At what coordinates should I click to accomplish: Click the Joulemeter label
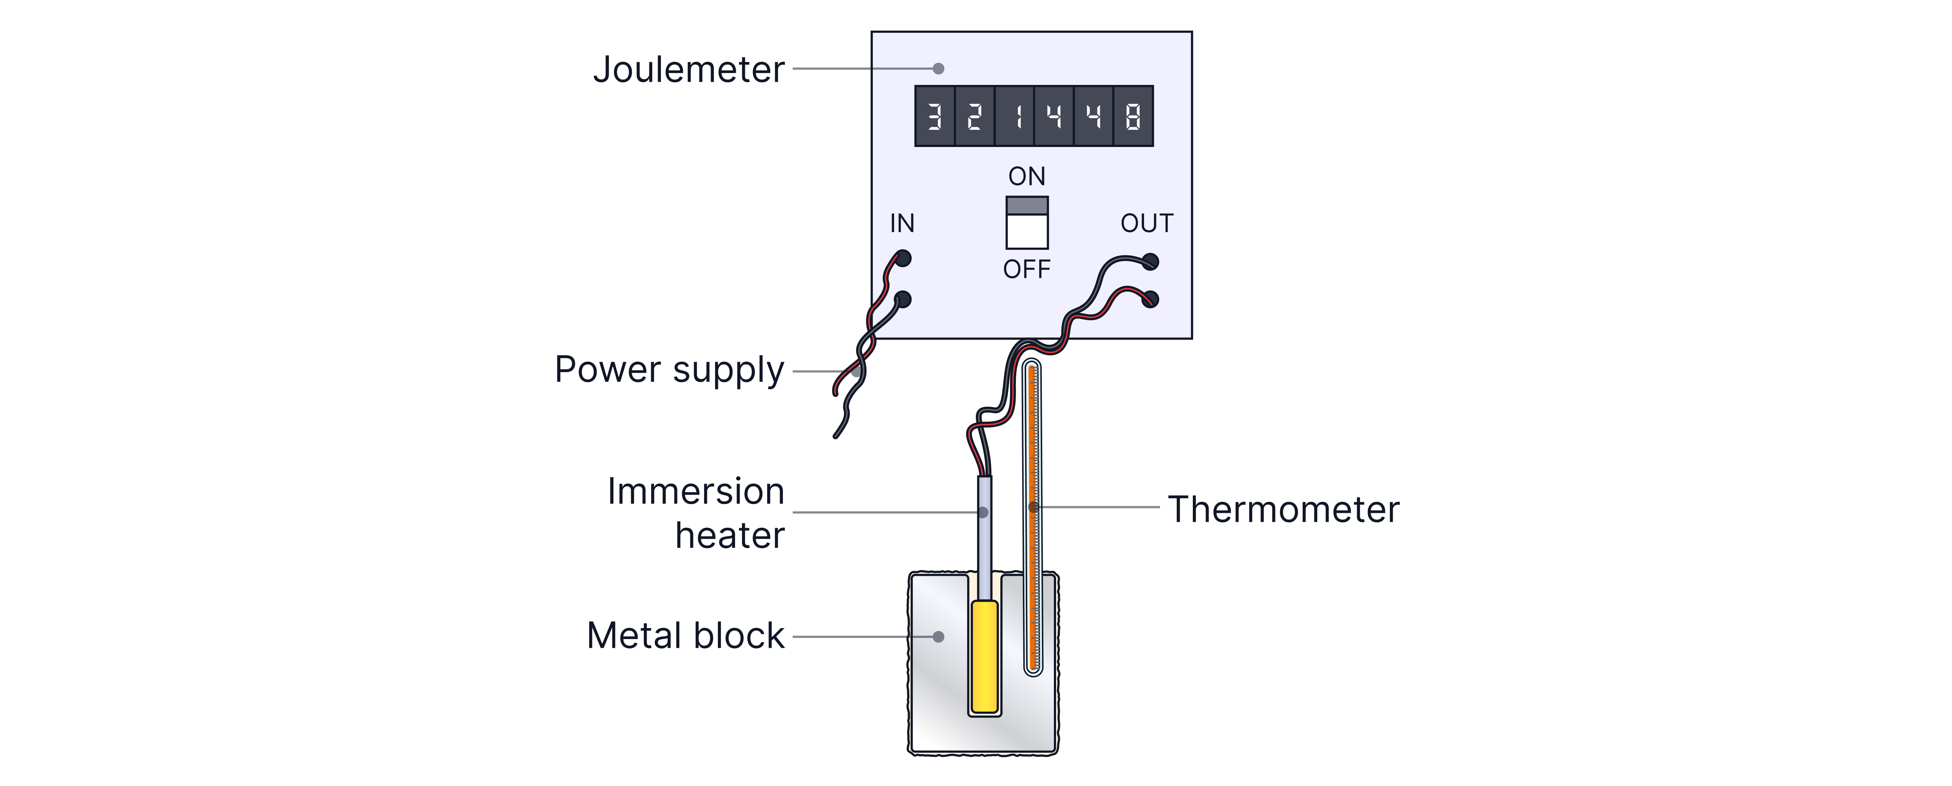(x=688, y=70)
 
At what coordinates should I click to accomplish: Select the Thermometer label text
(x=1284, y=509)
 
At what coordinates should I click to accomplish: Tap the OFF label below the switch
(x=1027, y=269)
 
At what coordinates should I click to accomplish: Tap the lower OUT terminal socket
(x=1150, y=299)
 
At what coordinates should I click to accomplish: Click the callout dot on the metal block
(x=938, y=637)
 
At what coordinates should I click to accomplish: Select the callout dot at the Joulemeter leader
(x=938, y=68)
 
